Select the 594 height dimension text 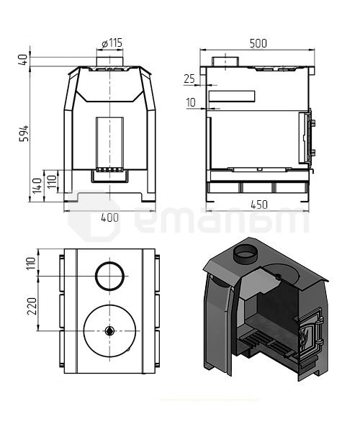click(24, 132)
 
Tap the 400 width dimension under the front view click(109, 217)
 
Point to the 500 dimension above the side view click(257, 43)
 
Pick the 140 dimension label click(37, 186)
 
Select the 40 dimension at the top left click(24, 60)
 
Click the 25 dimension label click(189, 78)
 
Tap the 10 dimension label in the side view click(190, 103)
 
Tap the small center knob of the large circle click(109, 330)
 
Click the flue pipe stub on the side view click(231, 60)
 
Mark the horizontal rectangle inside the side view click(231, 96)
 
